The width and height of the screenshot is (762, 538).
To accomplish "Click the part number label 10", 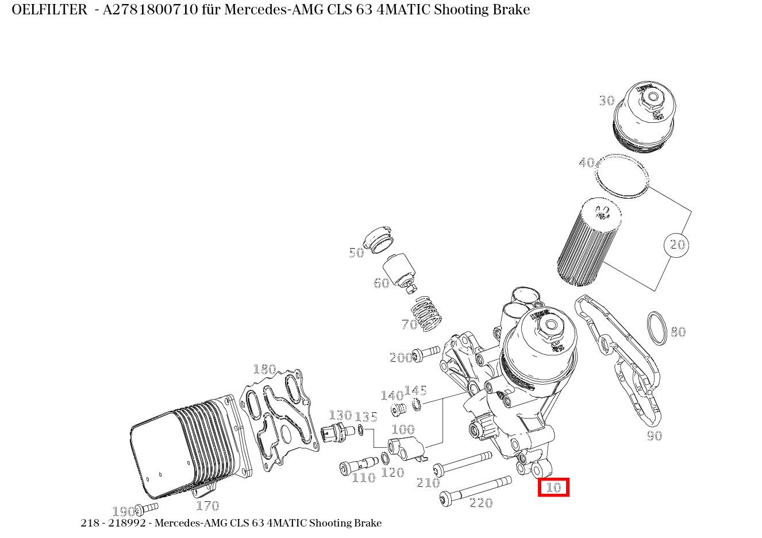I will pos(553,487).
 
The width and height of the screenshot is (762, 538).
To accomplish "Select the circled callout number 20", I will pos(678,245).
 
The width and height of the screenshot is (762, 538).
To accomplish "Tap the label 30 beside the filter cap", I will pos(607,101).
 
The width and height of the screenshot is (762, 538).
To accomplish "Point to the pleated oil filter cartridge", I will pos(589,242).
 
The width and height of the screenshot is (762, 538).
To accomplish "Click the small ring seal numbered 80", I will pos(657,328).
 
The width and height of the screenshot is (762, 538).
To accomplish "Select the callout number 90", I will pos(655,436).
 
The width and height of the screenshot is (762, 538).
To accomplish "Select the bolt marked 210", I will pos(463,462).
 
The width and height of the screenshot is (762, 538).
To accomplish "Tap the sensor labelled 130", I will pos(337,433).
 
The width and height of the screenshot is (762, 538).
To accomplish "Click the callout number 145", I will pos(415,391).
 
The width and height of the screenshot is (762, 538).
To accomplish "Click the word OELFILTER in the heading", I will pos(49,10).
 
